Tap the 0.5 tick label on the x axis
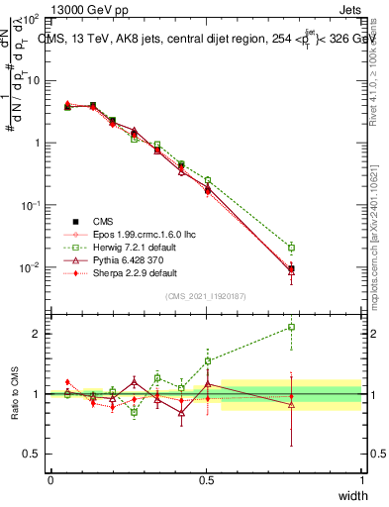206,479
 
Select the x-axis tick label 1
361,479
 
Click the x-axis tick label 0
50,479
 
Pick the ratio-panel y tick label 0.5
32,454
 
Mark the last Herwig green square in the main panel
291,248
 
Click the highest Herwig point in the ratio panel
291,327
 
